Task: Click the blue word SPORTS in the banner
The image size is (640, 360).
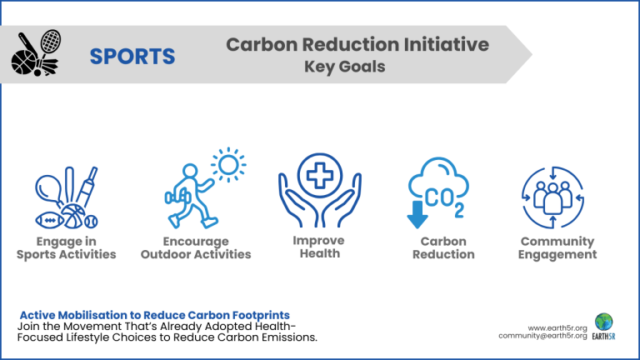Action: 132,56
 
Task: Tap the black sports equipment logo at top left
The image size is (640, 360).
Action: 37,53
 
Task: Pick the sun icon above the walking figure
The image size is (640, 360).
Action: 227,166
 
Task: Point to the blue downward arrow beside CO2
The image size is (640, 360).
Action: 416,216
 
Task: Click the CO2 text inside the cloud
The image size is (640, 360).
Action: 443,201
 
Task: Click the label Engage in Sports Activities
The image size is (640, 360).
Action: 67,247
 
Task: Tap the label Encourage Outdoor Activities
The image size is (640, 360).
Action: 196,247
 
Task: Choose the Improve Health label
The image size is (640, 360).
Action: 320,247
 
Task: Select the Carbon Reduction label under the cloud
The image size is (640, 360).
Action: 443,247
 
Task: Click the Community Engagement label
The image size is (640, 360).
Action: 557,247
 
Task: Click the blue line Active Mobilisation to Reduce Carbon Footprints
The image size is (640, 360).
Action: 155,315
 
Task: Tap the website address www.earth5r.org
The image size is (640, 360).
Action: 557,327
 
